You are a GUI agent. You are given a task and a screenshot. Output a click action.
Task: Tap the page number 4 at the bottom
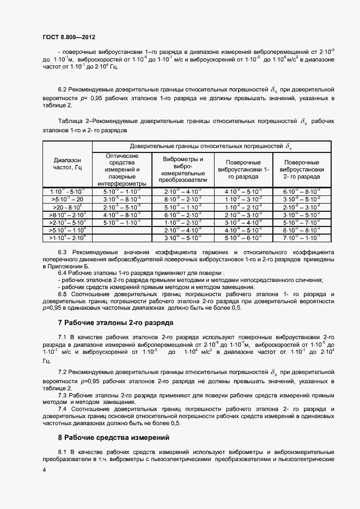(x=43, y=469)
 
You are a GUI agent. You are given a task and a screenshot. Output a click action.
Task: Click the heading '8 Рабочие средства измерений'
(x=114, y=437)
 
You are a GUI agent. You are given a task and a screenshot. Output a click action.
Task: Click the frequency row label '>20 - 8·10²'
(x=66, y=207)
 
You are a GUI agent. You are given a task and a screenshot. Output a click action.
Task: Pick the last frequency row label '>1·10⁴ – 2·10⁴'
(x=66, y=238)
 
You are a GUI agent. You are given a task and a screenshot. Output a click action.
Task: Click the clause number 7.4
(x=62, y=408)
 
